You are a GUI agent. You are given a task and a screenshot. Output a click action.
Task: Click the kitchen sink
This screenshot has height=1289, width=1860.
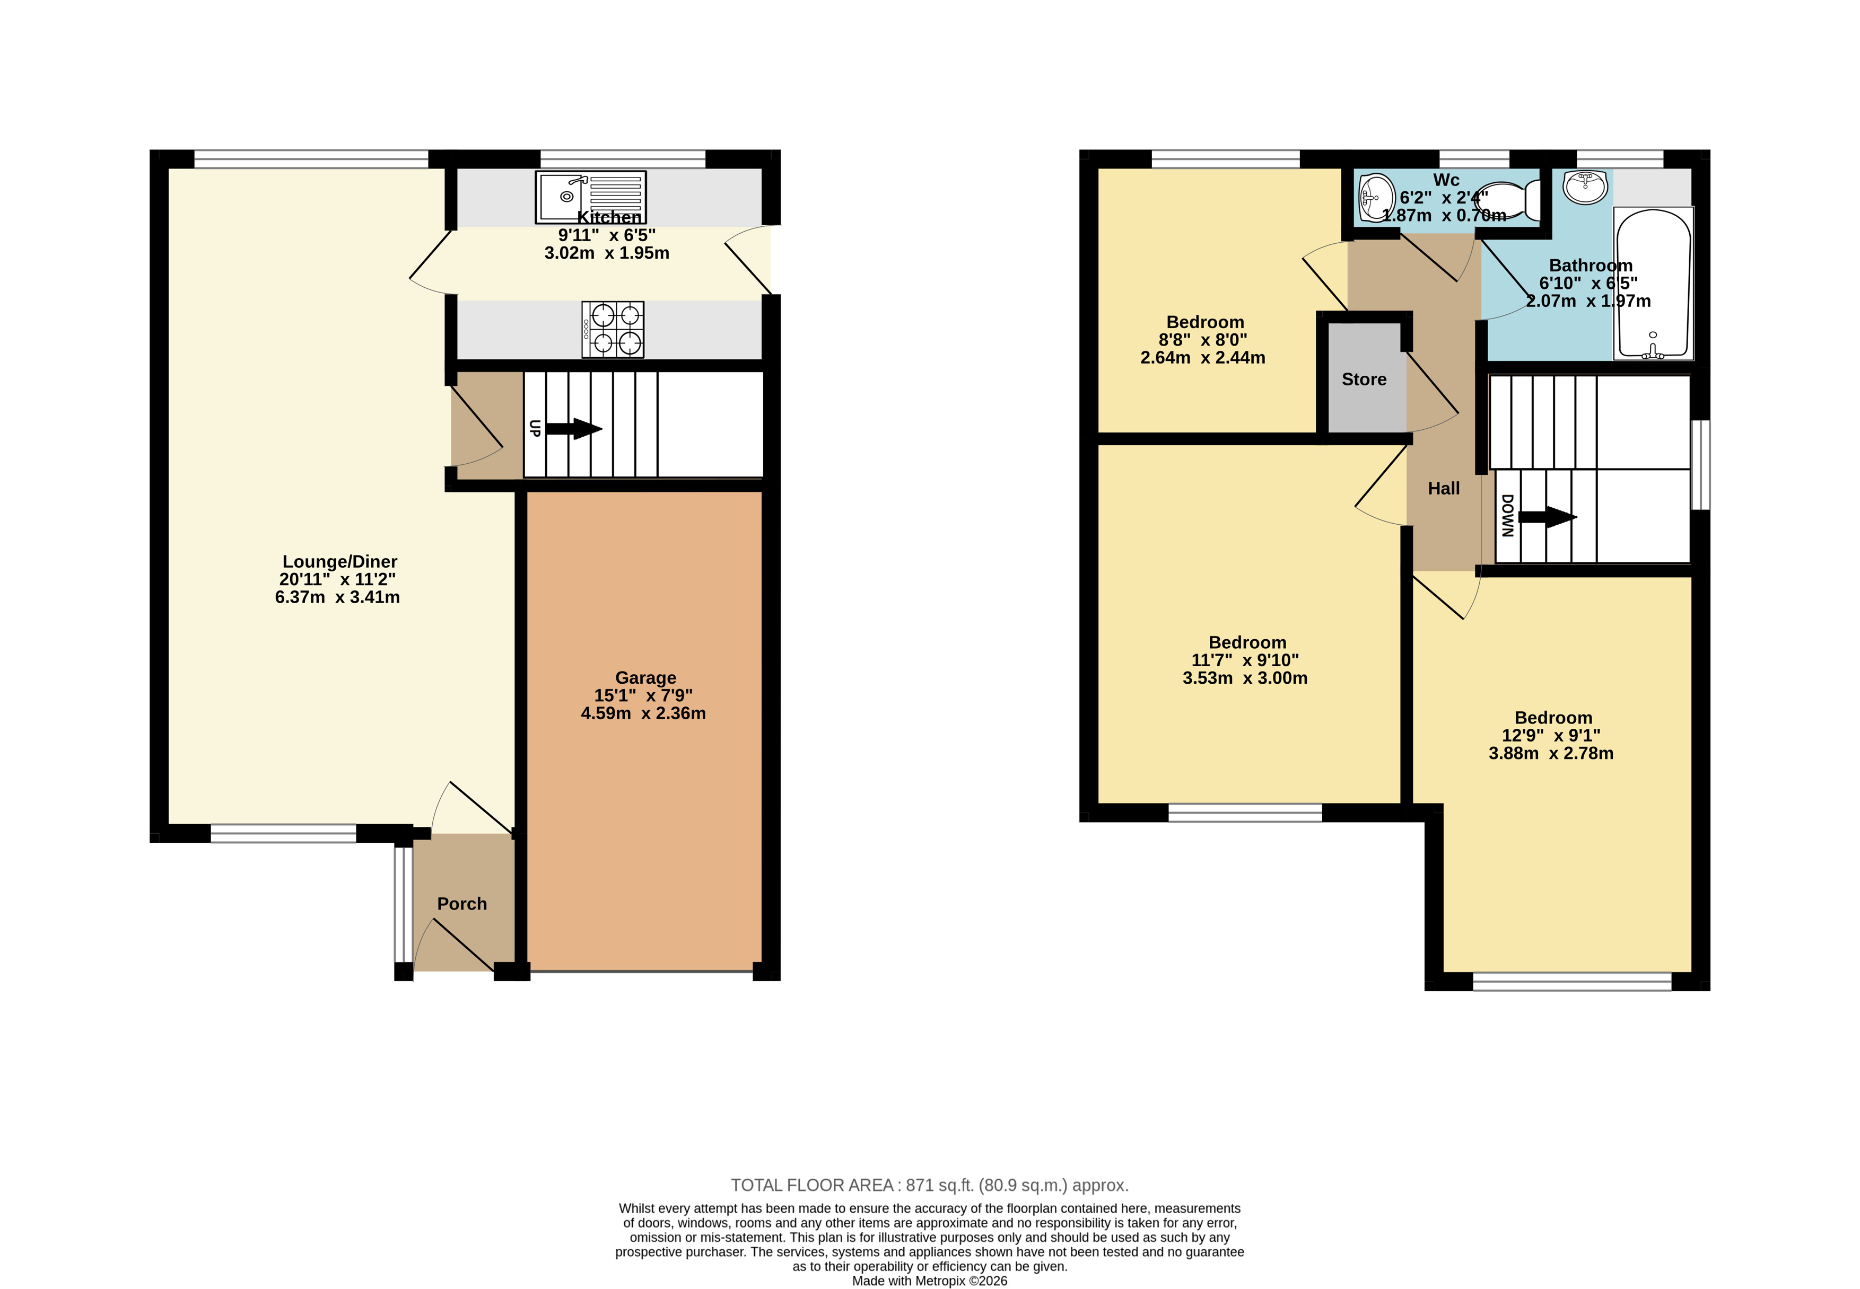(x=591, y=197)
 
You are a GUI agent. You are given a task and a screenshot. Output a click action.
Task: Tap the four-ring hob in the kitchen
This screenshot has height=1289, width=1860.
(x=613, y=330)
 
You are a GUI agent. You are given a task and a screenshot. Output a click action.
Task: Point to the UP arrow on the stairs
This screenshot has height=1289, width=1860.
(x=574, y=428)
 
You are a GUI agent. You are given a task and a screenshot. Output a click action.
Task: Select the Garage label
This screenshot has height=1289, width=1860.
(x=645, y=677)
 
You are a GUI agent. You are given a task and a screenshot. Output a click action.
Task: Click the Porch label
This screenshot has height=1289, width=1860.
(x=462, y=904)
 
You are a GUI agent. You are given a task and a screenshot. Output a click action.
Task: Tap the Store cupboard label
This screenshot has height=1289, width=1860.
(x=1364, y=379)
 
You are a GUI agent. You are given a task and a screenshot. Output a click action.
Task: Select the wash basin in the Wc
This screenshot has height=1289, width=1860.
(x=1377, y=198)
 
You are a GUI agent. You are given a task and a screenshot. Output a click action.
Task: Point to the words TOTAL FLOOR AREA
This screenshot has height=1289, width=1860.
(x=812, y=1185)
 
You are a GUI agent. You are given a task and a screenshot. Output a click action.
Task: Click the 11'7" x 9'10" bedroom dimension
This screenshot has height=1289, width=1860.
(x=1245, y=660)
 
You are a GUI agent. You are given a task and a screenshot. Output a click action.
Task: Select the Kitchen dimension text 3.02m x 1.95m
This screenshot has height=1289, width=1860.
(x=607, y=253)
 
